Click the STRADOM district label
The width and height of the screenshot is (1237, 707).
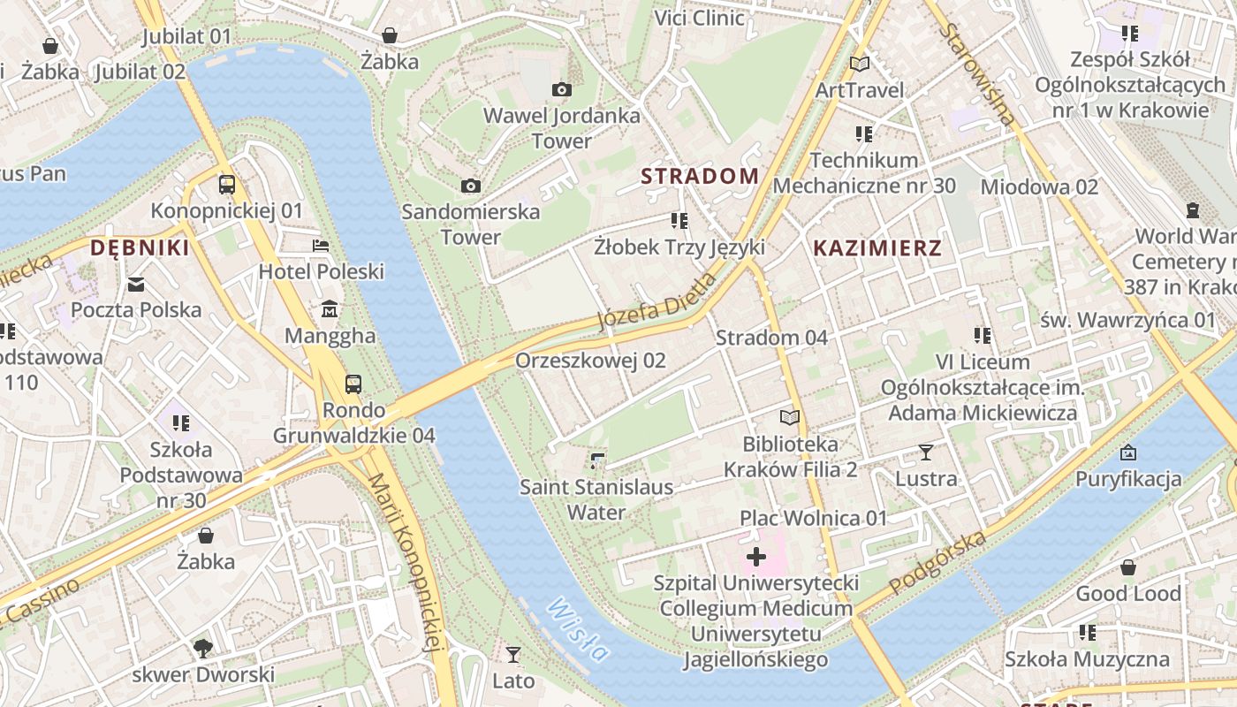[x=700, y=176]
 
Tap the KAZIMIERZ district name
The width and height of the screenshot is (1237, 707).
[x=877, y=248]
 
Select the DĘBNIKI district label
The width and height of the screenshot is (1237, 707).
[x=140, y=248]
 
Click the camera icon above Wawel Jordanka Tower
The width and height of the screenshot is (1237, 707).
[x=561, y=89]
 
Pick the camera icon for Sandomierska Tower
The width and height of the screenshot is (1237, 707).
[x=471, y=186]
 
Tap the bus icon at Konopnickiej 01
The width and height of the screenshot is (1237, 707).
[x=227, y=185]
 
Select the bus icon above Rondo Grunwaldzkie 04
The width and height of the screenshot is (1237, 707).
[x=353, y=384]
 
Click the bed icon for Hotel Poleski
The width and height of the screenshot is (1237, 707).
[x=321, y=245]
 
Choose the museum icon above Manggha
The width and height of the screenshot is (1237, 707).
[x=330, y=309]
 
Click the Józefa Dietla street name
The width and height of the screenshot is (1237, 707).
[x=656, y=301]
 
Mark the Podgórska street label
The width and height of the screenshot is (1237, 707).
[x=937, y=563]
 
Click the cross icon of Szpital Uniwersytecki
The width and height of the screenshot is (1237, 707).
[x=756, y=557]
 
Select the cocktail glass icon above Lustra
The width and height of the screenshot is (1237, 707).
[x=925, y=452]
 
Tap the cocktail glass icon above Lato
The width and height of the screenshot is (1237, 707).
[x=512, y=655]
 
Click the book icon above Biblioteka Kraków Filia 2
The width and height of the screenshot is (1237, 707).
[x=789, y=417]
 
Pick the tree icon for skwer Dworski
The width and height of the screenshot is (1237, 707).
[x=203, y=649]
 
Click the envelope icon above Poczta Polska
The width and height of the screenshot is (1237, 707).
[x=136, y=284]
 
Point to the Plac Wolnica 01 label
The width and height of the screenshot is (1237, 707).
[x=813, y=518]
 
